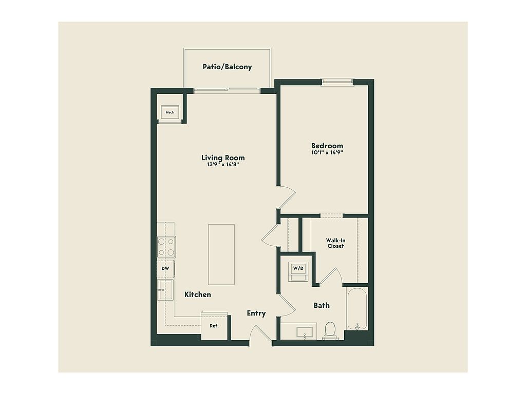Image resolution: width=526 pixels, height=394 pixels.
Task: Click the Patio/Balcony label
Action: (227, 67)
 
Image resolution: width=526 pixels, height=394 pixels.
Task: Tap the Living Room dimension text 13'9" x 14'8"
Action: (223, 165)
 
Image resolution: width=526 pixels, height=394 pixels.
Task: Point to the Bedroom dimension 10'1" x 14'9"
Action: (327, 152)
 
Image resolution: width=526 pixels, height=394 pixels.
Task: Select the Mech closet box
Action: (170, 112)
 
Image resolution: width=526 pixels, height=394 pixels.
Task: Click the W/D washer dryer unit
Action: (298, 271)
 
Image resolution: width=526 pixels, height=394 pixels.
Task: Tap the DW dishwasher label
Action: (165, 268)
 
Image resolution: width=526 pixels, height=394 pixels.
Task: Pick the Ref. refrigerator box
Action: (214, 326)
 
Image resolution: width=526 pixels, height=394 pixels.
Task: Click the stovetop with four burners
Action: (166, 247)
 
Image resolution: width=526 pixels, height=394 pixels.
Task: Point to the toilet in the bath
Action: (330, 331)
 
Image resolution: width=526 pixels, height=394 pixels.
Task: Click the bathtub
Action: (358, 309)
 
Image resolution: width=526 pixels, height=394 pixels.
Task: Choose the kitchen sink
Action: (165, 290)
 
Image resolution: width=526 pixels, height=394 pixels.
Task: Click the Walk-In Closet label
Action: (335, 243)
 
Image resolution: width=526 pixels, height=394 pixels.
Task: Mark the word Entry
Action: (256, 313)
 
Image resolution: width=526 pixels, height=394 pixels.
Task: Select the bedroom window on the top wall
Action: (337, 82)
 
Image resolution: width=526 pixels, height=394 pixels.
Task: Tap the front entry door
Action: (260, 333)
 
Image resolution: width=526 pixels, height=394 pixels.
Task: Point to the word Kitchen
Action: (198, 294)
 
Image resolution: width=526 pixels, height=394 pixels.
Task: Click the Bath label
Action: (322, 305)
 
